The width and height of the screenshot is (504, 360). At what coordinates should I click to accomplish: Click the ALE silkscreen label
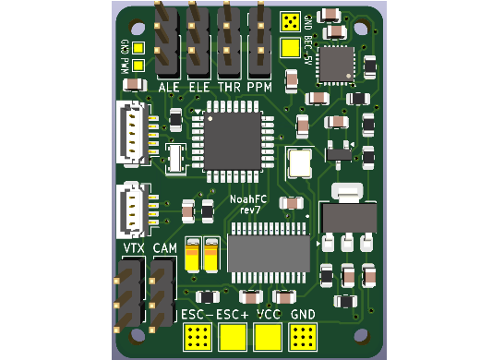pyautogui.click(x=168, y=88)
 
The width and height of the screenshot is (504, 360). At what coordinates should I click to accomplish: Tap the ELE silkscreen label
pyautogui.click(x=198, y=88)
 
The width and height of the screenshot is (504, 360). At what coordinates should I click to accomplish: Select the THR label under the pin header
pyautogui.click(x=228, y=88)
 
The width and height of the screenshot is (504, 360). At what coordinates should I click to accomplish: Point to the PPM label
pyautogui.click(x=258, y=88)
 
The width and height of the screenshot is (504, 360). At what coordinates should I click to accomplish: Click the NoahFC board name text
pyautogui.click(x=249, y=199)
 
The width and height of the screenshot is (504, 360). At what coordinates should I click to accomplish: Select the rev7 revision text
pyautogui.click(x=249, y=210)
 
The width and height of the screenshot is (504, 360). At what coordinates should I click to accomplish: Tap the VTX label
pyautogui.click(x=133, y=249)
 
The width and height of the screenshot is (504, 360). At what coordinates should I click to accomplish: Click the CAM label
pyautogui.click(x=164, y=249)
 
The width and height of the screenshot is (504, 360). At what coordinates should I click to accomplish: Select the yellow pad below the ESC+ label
pyautogui.click(x=232, y=338)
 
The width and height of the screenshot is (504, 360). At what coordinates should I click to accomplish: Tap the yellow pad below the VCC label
pyautogui.click(x=268, y=338)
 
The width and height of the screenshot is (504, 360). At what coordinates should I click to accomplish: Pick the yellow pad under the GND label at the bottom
pyautogui.click(x=303, y=338)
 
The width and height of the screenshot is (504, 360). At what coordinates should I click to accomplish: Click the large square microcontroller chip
pyautogui.click(x=232, y=140)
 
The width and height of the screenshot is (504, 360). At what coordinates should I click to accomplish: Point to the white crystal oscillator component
pyautogui.click(x=300, y=163)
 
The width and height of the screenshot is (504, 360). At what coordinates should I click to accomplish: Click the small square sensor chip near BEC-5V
pyautogui.click(x=334, y=65)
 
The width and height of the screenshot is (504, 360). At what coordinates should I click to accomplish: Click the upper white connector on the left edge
pyautogui.click(x=131, y=132)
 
